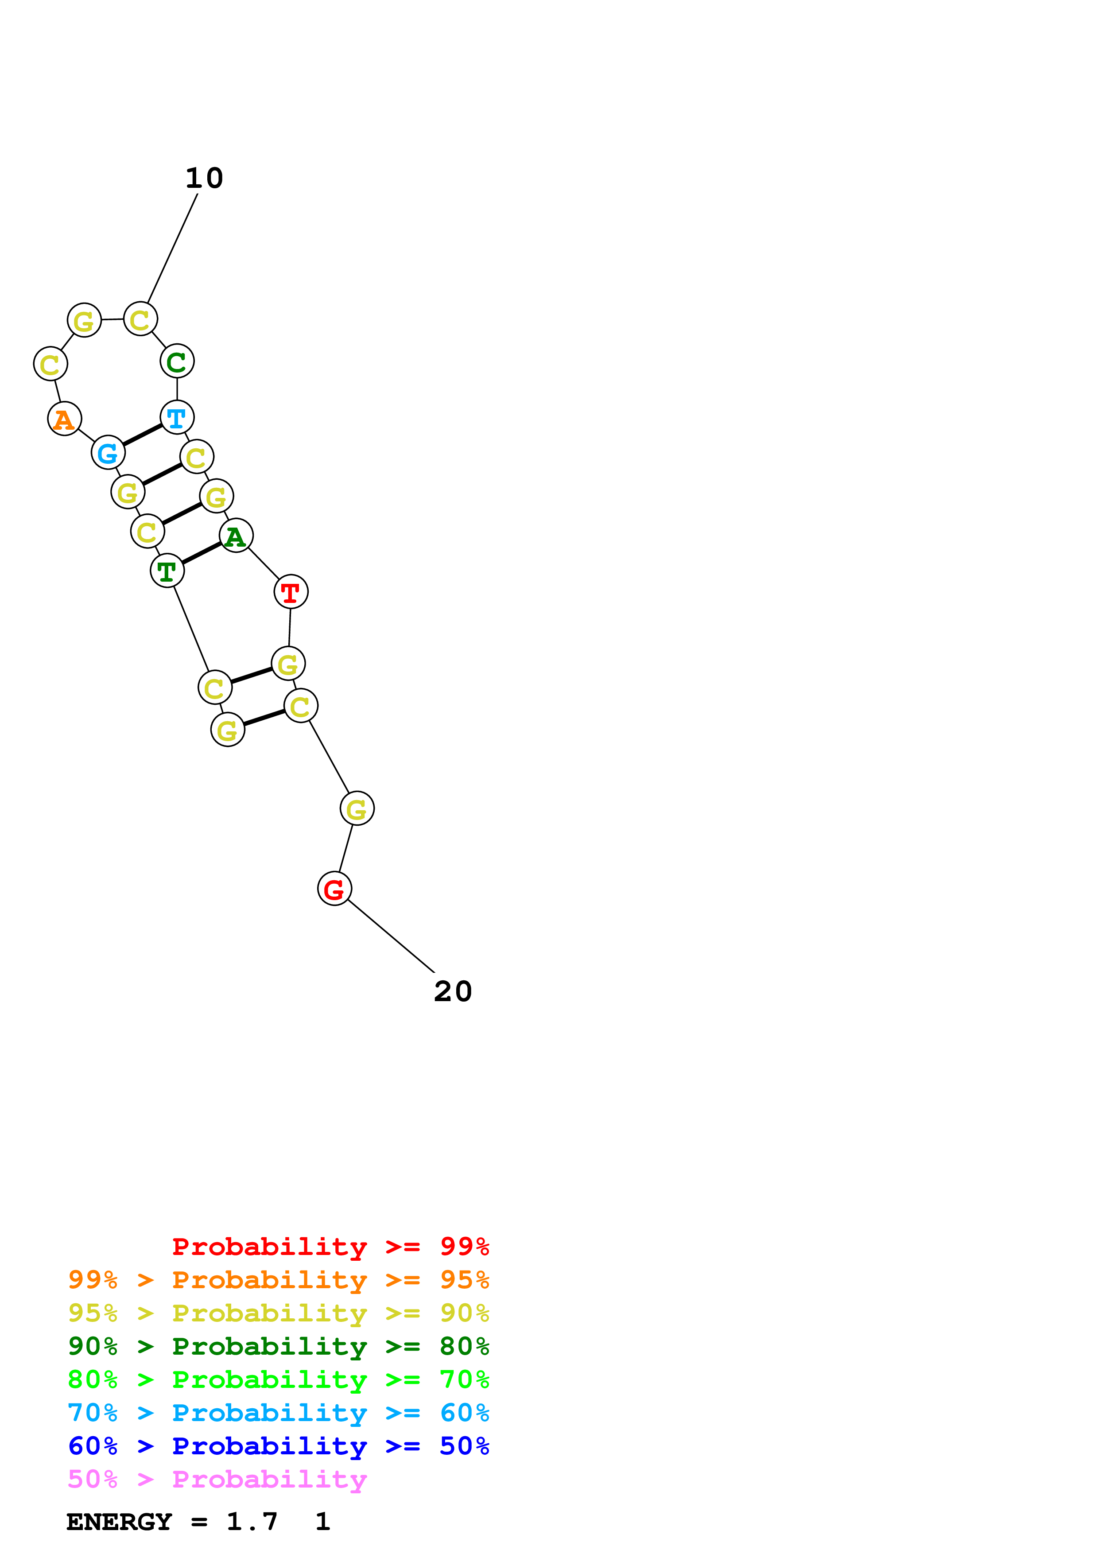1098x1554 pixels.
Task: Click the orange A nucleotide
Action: [x=64, y=419]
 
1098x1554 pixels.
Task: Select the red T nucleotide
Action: [x=291, y=592]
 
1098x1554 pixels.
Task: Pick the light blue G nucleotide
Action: [x=108, y=452]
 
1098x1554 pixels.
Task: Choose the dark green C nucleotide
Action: [x=177, y=361]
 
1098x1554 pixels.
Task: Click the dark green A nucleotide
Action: [x=236, y=536]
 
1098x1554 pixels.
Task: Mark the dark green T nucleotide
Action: [x=167, y=571]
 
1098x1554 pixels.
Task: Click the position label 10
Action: [x=204, y=178]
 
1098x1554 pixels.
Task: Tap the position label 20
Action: [x=453, y=991]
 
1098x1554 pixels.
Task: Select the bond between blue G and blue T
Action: [x=143, y=435]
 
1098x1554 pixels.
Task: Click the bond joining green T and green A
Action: [x=202, y=554]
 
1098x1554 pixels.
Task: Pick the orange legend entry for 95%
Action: [x=279, y=1280]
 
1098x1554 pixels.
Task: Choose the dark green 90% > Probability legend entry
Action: [x=279, y=1346]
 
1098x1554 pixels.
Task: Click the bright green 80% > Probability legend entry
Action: [x=279, y=1379]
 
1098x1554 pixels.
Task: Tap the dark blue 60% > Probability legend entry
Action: [x=279, y=1446]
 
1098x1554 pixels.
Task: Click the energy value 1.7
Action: [x=252, y=1522]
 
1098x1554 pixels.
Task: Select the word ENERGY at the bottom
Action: [x=119, y=1522]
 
